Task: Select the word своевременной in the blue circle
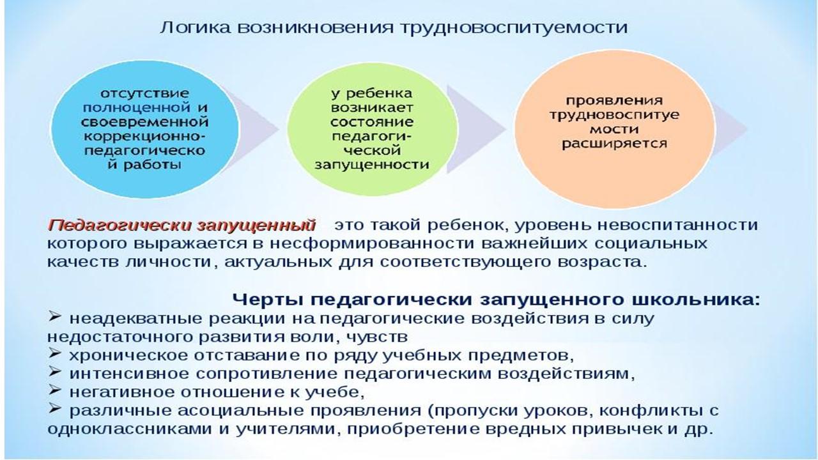[x=144, y=121]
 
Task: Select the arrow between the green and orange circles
[x=477, y=129]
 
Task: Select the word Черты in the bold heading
[x=269, y=300]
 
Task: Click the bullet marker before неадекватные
[x=55, y=317]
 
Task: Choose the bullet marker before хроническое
[x=55, y=353]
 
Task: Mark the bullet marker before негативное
[x=55, y=390]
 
